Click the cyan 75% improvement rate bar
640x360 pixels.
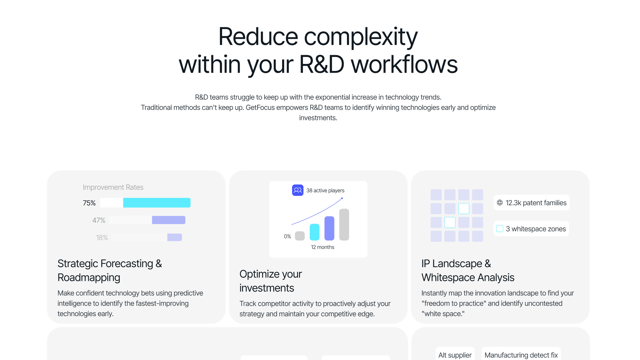pyautogui.click(x=157, y=203)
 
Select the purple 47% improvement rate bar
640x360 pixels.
pyautogui.click(x=168, y=220)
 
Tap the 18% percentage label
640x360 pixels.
pyautogui.click(x=102, y=238)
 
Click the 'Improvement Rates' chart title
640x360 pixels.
pyautogui.click(x=113, y=187)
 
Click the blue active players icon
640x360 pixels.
pyautogui.click(x=298, y=190)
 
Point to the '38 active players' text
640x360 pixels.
pyautogui.click(x=325, y=191)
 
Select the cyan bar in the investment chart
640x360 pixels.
pyautogui.click(x=315, y=232)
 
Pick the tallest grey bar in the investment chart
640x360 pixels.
pyautogui.click(x=344, y=225)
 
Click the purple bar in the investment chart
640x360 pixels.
pyautogui.click(x=329, y=228)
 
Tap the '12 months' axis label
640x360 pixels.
pyautogui.click(x=322, y=247)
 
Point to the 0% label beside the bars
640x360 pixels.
pyautogui.click(x=287, y=236)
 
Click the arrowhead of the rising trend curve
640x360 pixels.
pyautogui.click(x=342, y=198)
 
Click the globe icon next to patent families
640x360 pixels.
pyautogui.click(x=500, y=203)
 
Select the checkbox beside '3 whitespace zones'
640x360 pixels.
pyautogui.click(x=500, y=229)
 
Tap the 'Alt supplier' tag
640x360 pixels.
pyautogui.click(x=455, y=355)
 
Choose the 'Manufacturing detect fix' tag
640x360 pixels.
pyautogui.click(x=521, y=355)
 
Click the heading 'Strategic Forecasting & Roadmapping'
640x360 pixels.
pyautogui.click(x=110, y=271)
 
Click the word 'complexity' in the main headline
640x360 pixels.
pyautogui.click(x=361, y=37)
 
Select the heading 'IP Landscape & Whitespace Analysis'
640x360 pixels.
pyautogui.click(x=468, y=271)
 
